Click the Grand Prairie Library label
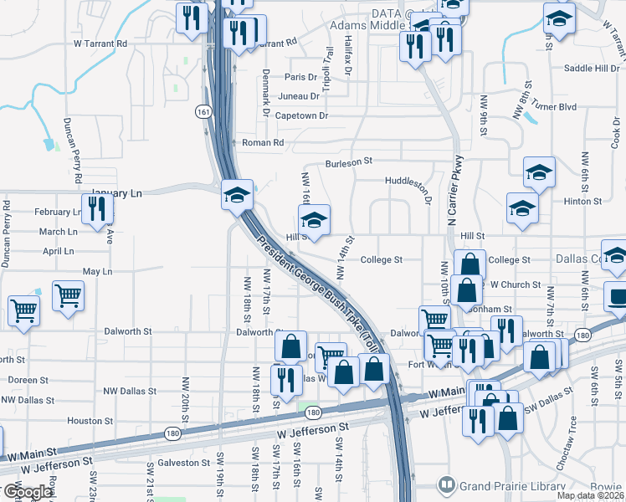511,484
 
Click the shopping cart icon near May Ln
68,295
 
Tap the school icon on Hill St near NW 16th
314,220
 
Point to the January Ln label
117,193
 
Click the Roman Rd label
264,143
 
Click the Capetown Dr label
301,115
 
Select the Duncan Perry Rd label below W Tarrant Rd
72,151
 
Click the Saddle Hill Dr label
592,69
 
